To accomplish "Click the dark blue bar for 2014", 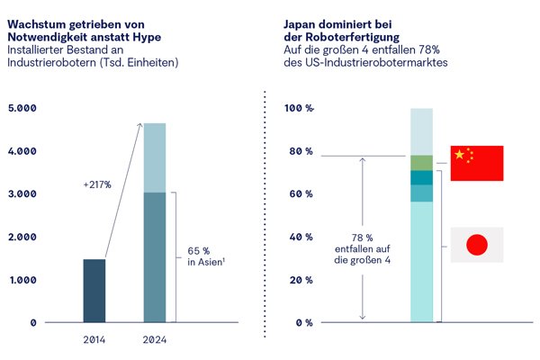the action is (x=94, y=291).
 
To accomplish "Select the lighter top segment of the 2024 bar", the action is (x=155, y=157).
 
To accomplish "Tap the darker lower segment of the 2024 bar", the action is (x=155, y=257).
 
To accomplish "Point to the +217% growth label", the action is (x=97, y=185).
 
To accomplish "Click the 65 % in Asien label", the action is (x=206, y=256).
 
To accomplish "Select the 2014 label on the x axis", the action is (x=94, y=340).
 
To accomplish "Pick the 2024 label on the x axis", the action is (x=155, y=340).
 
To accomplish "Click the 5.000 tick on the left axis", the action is (x=22, y=108).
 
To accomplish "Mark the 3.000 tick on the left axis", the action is (x=22, y=194).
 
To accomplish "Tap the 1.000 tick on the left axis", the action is (x=23, y=280).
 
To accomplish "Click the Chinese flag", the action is (x=477, y=163).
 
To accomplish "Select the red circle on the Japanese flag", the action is (x=477, y=245).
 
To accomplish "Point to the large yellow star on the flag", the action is (x=459, y=154).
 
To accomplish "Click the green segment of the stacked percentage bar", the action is (x=421, y=163).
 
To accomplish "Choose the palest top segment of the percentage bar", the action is (x=421, y=132).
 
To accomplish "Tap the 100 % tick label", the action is (x=299, y=108).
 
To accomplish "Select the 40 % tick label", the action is (x=301, y=237).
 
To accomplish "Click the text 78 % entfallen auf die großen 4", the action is (x=363, y=248).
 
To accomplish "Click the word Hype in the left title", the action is (x=147, y=37).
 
